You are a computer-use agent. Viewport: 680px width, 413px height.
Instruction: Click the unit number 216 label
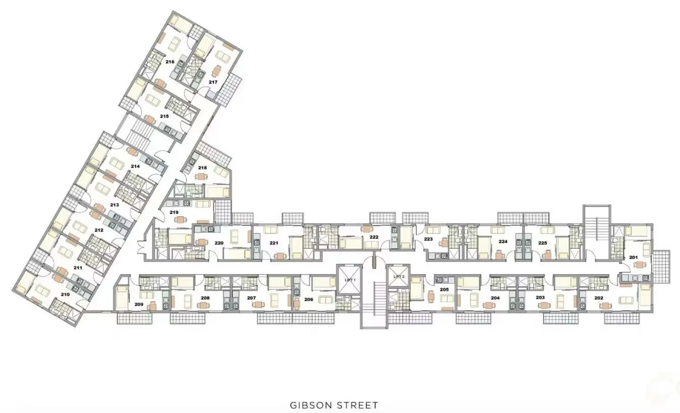pos(170,62)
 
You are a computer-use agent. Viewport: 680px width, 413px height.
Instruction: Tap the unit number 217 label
pos(213,82)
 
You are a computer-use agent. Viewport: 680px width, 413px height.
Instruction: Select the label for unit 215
pos(164,116)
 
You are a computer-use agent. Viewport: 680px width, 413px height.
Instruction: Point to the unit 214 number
pos(135,166)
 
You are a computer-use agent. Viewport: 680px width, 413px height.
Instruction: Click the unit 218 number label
pos(202,168)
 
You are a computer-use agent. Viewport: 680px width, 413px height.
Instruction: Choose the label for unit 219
pos(174,213)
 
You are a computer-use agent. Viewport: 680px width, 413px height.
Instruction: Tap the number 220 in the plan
pos(219,243)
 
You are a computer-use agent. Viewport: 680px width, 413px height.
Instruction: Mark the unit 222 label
pos(374,237)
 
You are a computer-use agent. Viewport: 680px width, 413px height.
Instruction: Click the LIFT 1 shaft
pos(350,280)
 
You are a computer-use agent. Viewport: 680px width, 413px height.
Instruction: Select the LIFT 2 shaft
pos(399,277)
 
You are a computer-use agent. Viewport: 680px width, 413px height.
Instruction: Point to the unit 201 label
pos(633,258)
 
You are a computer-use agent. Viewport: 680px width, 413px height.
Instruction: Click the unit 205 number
pos(444,290)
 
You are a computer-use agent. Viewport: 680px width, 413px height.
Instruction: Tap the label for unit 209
pos(139,304)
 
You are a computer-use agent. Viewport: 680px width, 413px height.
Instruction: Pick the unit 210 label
pos(65,294)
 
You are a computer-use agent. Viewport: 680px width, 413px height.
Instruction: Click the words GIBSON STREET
pos(334,405)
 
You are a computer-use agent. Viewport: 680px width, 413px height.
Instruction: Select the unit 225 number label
pos(542,243)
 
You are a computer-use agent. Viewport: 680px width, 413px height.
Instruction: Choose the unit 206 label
pos(309,299)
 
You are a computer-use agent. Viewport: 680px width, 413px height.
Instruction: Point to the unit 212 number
pos(99,230)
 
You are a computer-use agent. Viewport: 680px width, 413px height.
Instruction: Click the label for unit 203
pos(540,298)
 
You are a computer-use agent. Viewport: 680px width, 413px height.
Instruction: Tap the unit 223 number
pos(428,239)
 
